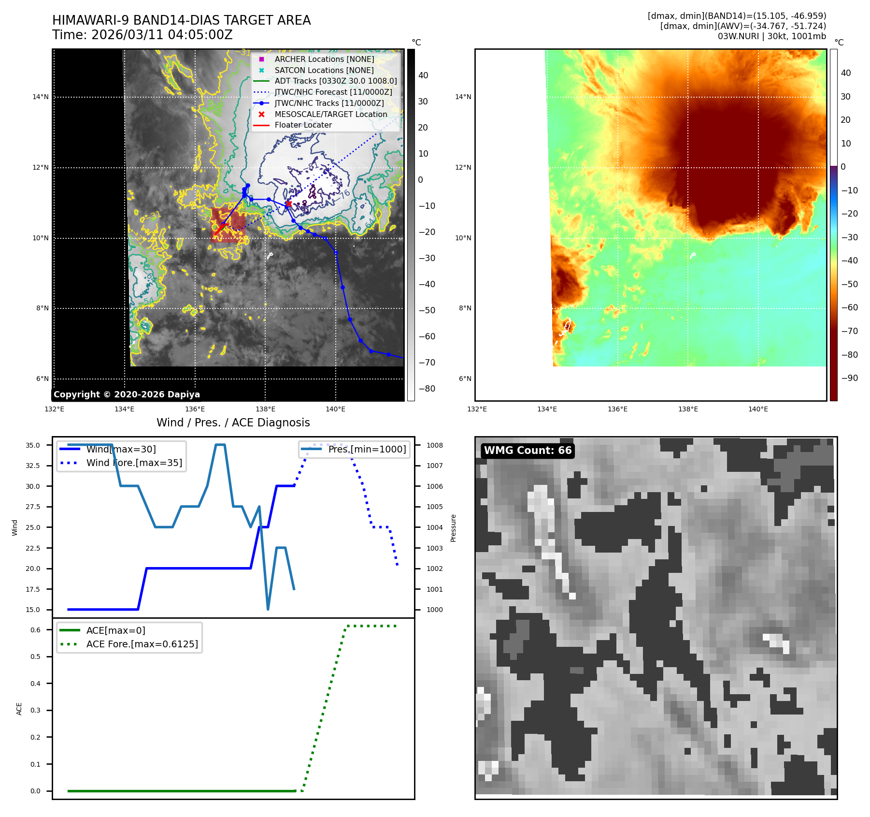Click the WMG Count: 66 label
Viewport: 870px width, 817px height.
[528, 451]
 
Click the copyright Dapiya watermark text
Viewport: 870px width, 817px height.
[127, 394]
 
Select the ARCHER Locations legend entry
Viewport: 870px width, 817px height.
[324, 59]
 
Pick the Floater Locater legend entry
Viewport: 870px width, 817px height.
[303, 125]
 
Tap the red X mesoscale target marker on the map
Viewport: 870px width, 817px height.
[288, 204]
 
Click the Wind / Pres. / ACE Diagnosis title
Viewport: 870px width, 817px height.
[233, 423]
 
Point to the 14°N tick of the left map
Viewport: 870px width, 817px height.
[41, 97]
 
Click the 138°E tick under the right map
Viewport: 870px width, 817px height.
[687, 409]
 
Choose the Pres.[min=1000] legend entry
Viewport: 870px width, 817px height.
[367, 449]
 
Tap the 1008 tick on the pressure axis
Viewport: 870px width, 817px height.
[434, 445]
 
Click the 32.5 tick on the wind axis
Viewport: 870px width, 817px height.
[33, 466]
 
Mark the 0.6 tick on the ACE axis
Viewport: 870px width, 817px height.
[35, 630]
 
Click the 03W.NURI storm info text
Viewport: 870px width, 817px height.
[771, 36]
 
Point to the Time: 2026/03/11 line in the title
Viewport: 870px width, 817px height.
[143, 35]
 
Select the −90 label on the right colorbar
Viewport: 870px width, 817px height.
[849, 378]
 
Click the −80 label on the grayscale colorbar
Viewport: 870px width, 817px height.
[427, 389]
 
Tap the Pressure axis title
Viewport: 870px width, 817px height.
[453, 528]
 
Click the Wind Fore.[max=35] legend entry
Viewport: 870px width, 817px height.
[134, 463]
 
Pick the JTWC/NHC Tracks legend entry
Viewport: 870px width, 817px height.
[329, 103]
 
